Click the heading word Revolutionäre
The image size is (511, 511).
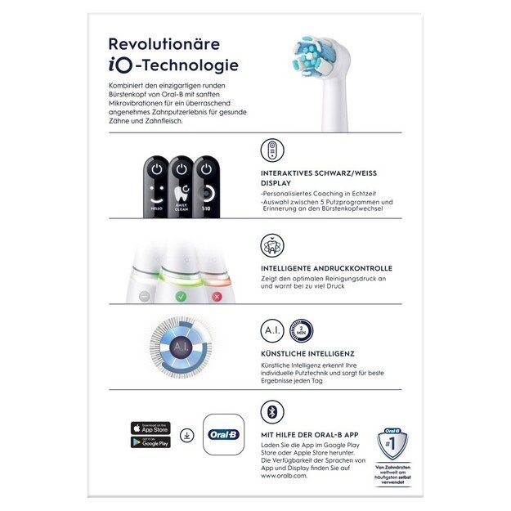(x=164, y=44)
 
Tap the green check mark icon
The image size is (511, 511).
(x=181, y=296)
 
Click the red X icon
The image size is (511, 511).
(x=217, y=296)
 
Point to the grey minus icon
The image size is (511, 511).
(x=144, y=296)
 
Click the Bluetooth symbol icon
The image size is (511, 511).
(x=271, y=411)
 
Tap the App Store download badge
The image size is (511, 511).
(x=150, y=428)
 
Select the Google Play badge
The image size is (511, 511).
(x=150, y=442)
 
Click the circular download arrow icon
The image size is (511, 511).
(x=187, y=435)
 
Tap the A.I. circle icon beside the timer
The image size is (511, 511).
(x=272, y=329)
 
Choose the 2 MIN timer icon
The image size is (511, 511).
(x=300, y=329)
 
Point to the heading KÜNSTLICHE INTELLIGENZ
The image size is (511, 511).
(x=307, y=353)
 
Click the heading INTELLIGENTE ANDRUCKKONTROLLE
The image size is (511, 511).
(x=326, y=268)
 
